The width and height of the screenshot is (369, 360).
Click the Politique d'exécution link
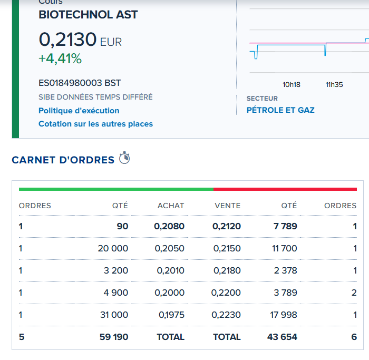click(79, 111)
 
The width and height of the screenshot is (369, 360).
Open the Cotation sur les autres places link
click(95, 124)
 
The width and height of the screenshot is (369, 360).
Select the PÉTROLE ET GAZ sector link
click(280, 110)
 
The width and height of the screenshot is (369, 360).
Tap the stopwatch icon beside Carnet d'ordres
click(124, 158)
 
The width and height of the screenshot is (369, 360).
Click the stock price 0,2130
click(68, 40)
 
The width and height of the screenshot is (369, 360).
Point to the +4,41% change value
click(60, 59)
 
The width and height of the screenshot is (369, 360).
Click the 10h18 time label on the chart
click(292, 85)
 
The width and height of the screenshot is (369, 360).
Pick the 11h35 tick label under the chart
click(334, 85)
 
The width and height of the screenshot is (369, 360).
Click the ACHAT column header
click(171, 206)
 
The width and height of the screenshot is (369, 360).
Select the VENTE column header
click(228, 206)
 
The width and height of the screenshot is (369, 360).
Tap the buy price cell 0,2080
click(169, 226)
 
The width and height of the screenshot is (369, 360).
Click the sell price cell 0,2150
click(227, 248)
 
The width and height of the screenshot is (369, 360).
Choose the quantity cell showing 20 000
click(113, 248)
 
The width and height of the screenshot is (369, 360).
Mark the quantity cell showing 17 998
click(284, 315)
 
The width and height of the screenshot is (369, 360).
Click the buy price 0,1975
click(171, 315)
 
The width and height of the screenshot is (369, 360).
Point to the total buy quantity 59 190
click(114, 337)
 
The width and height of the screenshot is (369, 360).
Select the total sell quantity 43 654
click(282, 337)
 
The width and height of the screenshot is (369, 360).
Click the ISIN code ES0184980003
click(70, 83)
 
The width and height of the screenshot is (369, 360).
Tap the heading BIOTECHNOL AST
click(88, 15)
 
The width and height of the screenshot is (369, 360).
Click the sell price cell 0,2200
click(226, 293)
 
